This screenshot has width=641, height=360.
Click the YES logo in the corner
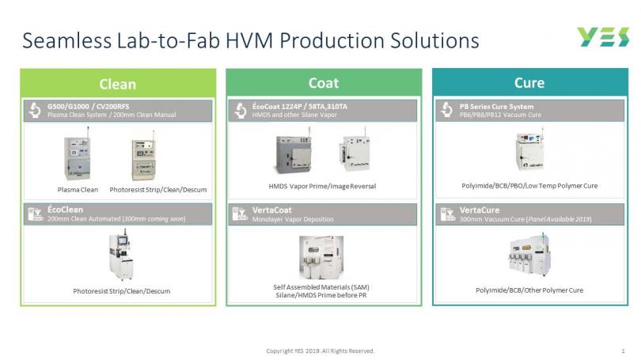pyautogui.click(x=603, y=37)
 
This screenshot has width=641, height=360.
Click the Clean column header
pyautogui.click(x=118, y=84)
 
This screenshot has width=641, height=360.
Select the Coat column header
pyautogui.click(x=324, y=83)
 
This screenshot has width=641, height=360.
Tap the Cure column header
pyautogui.click(x=529, y=83)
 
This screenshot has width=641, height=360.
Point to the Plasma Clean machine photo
pyautogui.click(x=78, y=156)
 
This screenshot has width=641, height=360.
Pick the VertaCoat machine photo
pyautogui.click(x=321, y=256)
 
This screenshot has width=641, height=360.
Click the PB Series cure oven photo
pyautogui.click(x=529, y=150)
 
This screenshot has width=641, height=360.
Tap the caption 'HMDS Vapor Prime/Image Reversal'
pyautogui.click(x=322, y=187)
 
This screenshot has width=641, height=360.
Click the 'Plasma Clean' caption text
pyautogui.click(x=78, y=190)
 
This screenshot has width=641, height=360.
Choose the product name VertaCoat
pyautogui.click(x=272, y=210)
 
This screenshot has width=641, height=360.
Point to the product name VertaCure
pyautogui.click(x=480, y=210)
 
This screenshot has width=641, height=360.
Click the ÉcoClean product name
pyautogui.click(x=65, y=210)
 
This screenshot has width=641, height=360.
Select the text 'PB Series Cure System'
pyautogui.click(x=496, y=106)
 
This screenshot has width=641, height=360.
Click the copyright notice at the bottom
pyautogui.click(x=320, y=351)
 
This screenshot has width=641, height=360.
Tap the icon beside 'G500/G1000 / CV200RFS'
pyautogui.click(x=35, y=110)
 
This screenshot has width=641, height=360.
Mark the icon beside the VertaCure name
pyautogui.click(x=447, y=214)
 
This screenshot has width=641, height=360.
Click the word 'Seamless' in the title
pyautogui.click(x=66, y=40)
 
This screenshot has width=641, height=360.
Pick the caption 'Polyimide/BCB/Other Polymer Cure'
pyautogui.click(x=529, y=290)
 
